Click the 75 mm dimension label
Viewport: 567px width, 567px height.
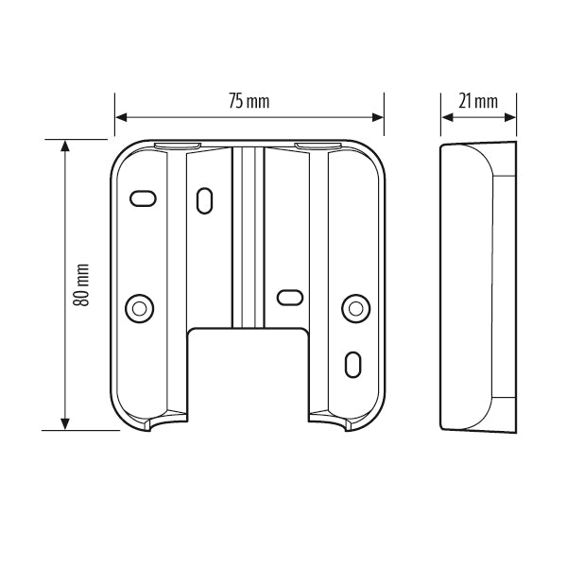tap(249, 101)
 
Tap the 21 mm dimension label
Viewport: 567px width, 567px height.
tap(478, 101)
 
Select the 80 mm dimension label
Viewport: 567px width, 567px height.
tap(81, 285)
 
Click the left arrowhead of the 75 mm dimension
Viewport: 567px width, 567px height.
tap(121, 117)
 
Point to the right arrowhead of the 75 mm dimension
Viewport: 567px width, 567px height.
tap(378, 117)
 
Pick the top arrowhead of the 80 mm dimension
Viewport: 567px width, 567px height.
tap(64, 146)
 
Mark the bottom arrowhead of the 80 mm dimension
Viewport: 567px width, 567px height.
tap(64, 423)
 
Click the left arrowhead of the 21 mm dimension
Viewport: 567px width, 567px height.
tap(447, 117)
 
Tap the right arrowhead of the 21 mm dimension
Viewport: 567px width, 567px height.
tap(510, 117)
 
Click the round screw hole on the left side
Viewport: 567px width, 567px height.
tap(140, 309)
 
